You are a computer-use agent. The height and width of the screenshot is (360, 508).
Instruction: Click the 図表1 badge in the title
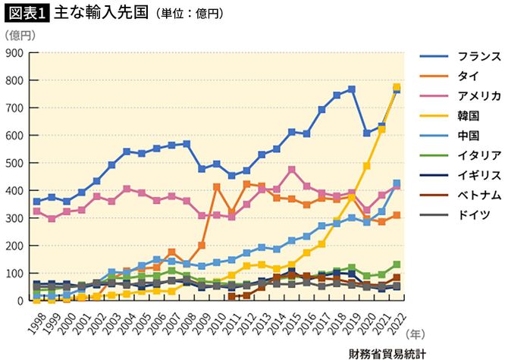tap(26, 13)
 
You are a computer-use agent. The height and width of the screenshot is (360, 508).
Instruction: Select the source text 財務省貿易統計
tap(387, 352)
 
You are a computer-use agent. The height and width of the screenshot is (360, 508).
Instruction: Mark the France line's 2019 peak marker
tap(352, 89)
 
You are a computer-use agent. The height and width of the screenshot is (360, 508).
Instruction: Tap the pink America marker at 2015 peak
tap(290, 170)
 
